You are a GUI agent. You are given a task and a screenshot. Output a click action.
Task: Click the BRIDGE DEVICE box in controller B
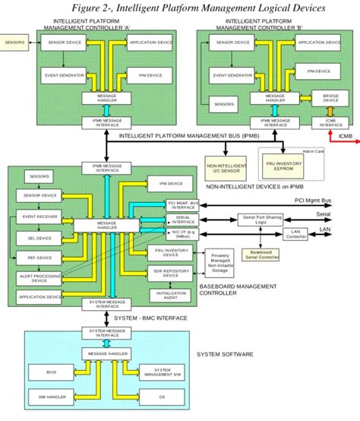(x=331, y=97)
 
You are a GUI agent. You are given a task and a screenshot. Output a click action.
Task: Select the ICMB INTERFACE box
(x=331, y=122)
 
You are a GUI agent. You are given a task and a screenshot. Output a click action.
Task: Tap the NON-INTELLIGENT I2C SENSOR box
(x=226, y=166)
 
